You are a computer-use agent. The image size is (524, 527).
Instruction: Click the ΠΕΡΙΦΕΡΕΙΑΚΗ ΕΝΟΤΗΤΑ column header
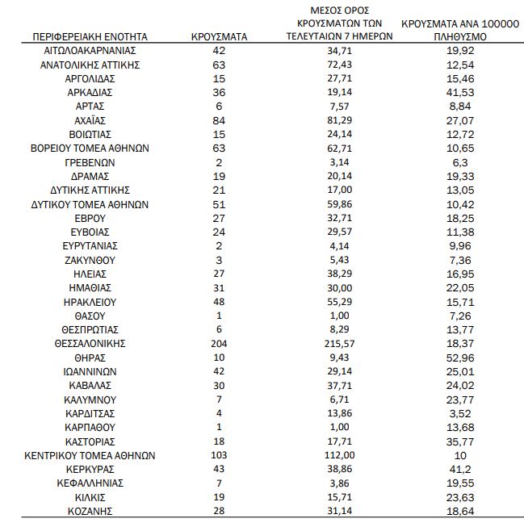coord(90,37)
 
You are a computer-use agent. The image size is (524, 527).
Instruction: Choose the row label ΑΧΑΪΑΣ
coord(90,119)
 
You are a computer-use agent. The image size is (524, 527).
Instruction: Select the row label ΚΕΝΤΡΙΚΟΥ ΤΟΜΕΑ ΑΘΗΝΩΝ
coord(90,455)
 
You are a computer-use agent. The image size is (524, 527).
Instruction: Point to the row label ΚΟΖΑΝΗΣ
coord(90,511)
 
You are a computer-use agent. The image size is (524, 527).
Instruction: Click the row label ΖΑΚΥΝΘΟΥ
coord(90,260)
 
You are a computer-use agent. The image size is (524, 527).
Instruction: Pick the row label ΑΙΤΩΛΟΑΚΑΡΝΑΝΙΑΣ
coord(90,50)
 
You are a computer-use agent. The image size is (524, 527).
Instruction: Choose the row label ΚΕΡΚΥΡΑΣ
coord(90,469)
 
